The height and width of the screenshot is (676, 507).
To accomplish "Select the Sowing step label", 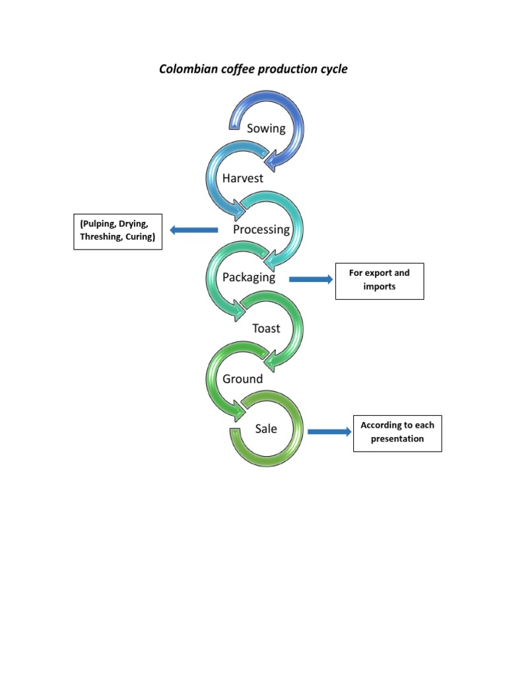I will [x=266, y=128].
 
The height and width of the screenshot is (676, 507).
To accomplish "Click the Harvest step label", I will [x=242, y=178].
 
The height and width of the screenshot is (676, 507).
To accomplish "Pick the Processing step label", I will [x=261, y=229].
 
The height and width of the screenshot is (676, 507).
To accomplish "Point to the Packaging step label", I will [x=249, y=277].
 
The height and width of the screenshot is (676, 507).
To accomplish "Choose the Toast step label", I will [x=266, y=328].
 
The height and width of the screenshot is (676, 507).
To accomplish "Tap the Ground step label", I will [x=242, y=379].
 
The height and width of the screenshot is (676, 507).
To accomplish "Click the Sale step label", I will [x=266, y=429].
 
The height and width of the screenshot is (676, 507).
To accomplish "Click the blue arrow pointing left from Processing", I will [x=193, y=230].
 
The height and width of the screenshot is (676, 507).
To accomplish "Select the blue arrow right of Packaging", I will [x=311, y=280].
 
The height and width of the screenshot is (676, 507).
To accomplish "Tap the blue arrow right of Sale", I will [x=329, y=432].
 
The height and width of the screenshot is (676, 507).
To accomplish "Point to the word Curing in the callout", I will [x=139, y=237].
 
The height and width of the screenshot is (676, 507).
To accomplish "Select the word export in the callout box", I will [x=378, y=273].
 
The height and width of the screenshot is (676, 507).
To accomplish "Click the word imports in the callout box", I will [x=380, y=287].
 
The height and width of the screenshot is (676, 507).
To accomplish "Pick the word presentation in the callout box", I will [x=397, y=438].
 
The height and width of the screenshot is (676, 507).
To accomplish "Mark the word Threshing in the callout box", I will [x=98, y=237].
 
